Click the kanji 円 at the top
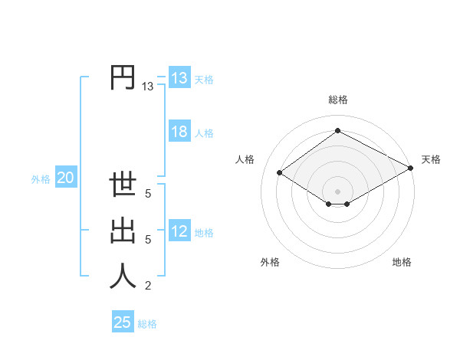[x=123, y=78]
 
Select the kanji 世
[x=123, y=186]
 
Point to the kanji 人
[x=123, y=276]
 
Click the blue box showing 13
[x=179, y=78]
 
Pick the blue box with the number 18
[x=179, y=132]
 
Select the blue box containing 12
[x=179, y=231]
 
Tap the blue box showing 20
[x=65, y=178]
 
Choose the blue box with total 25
[x=123, y=322]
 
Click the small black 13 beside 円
[x=147, y=87]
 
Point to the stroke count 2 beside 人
[x=147, y=286]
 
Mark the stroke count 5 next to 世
[x=147, y=194]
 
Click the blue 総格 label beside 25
[x=147, y=324]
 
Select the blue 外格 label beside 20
[x=41, y=179]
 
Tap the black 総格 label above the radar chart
[x=338, y=100]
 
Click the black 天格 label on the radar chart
[x=431, y=159]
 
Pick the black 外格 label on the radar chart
[x=270, y=262]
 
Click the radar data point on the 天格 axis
[x=412, y=169]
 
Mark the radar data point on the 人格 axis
[x=280, y=173]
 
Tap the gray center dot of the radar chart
[x=337, y=191]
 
